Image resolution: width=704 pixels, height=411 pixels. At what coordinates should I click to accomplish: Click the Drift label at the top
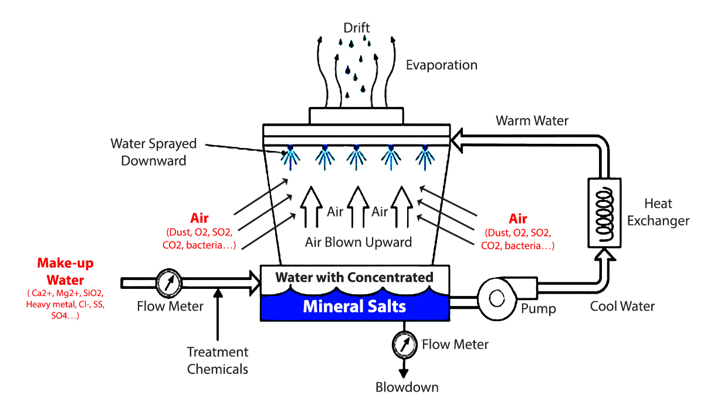(x=357, y=28)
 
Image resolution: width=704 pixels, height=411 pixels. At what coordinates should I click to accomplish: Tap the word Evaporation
(x=442, y=65)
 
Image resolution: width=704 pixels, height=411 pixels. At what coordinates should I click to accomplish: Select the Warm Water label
(x=532, y=121)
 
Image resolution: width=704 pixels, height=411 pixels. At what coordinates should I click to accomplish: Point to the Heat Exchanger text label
(x=666, y=213)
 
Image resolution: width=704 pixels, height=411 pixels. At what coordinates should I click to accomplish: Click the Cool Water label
(x=622, y=306)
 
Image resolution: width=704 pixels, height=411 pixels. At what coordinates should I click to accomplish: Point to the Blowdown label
(x=407, y=387)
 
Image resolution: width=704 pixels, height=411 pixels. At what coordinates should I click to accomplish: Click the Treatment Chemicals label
(x=218, y=361)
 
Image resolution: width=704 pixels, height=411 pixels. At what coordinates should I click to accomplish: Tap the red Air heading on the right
(x=518, y=219)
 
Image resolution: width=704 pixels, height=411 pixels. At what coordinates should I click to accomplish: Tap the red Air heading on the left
(x=199, y=218)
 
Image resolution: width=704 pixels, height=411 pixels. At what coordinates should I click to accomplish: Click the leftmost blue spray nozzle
(x=288, y=156)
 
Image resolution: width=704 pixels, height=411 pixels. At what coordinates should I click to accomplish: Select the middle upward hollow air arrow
(x=356, y=206)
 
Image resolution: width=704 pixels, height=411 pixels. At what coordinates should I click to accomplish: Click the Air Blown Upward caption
(x=358, y=242)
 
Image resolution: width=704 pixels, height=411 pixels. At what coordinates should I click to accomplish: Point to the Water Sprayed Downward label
(x=154, y=152)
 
